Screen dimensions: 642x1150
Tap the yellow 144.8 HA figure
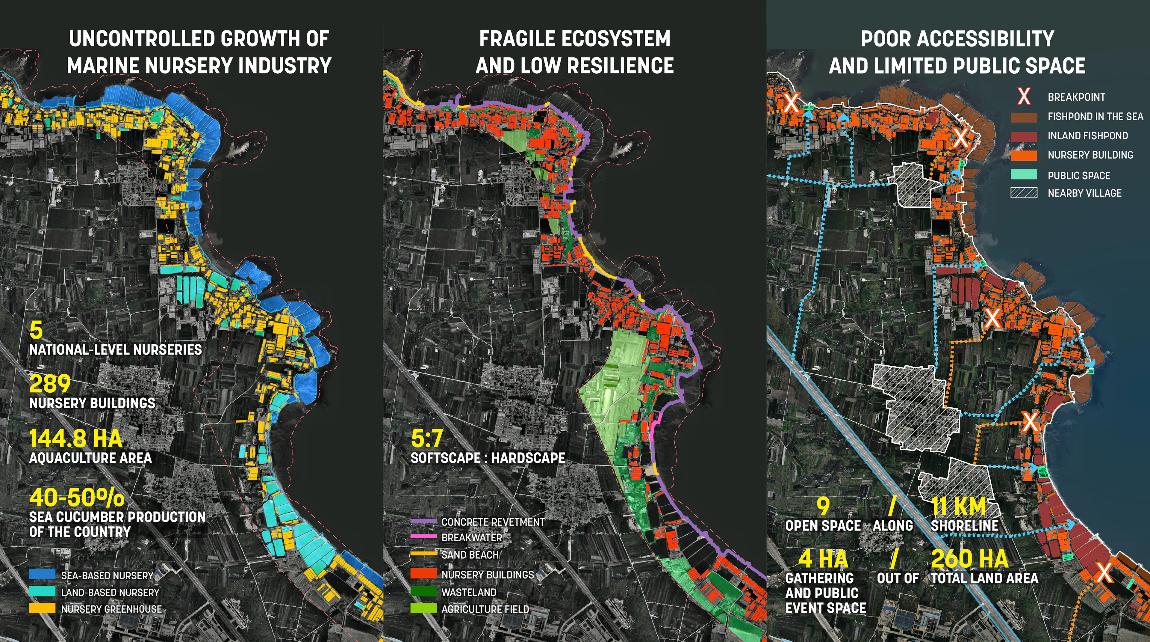75,439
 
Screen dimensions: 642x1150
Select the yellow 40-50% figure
77,497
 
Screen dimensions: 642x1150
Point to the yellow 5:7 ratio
427,439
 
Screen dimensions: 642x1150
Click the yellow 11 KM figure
958,507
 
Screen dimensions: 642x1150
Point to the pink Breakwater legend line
423,536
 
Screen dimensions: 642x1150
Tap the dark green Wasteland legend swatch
423,592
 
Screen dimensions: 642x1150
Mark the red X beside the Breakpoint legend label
1024,97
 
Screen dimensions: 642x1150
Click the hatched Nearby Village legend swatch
1024,193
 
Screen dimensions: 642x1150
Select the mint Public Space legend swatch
1024,175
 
